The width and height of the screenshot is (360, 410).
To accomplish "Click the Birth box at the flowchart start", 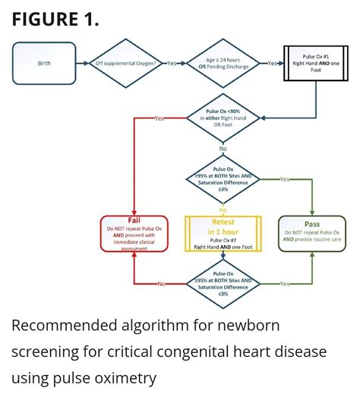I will (44, 63).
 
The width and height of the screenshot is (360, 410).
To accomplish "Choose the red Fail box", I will (134, 233).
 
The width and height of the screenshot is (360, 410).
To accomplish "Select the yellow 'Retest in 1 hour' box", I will (223, 233).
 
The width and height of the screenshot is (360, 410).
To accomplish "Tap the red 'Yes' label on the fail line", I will (159, 119).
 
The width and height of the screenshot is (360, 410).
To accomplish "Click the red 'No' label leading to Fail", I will (161, 284).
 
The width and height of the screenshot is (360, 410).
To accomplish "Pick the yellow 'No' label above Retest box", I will (223, 210).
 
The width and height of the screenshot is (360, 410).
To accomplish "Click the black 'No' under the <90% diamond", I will (223, 149).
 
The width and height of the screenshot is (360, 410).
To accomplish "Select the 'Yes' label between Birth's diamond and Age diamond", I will (172, 63).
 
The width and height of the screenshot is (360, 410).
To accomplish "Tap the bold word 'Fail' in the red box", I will (134, 220).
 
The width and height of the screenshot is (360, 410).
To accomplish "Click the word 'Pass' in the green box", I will (312, 224).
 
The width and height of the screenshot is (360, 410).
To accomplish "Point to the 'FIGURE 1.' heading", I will (55, 19).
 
